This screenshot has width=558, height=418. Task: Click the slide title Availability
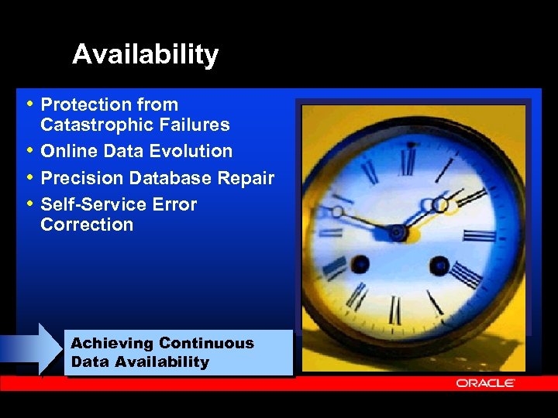(x=145, y=55)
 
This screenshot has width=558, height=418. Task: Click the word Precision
(x=82, y=178)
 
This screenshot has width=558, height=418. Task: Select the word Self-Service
(x=88, y=204)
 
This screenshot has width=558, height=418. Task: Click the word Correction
(x=87, y=224)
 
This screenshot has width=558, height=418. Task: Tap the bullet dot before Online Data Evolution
(x=29, y=150)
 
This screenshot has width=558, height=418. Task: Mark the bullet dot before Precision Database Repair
(x=29, y=177)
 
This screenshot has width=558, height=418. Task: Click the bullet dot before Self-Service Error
(x=29, y=204)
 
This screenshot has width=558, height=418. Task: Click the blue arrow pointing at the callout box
(x=31, y=349)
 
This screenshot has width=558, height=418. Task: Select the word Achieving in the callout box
(x=112, y=343)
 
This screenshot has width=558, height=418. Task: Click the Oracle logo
(x=485, y=383)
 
